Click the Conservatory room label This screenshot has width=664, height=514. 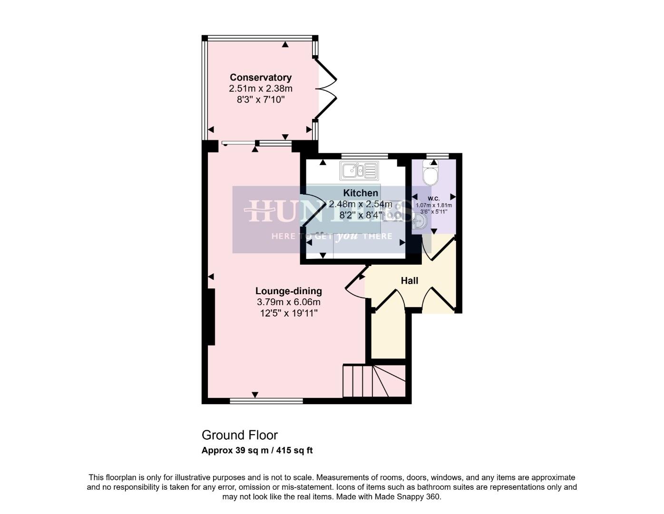pyautogui.click(x=260, y=77)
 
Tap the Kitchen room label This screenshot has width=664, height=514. pyautogui.click(x=361, y=193)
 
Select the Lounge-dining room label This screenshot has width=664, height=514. pyautogui.click(x=288, y=291)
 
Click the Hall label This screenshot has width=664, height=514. pyautogui.click(x=409, y=280)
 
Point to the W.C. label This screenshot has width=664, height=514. pyautogui.click(x=433, y=198)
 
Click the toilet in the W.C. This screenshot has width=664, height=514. pyautogui.click(x=431, y=173)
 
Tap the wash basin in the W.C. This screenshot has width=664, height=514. pyautogui.click(x=419, y=221)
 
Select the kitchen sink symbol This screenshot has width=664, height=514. pyautogui.click(x=359, y=170)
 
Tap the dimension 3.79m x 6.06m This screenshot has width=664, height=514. pyautogui.click(x=288, y=302)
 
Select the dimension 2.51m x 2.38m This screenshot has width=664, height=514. pyautogui.click(x=260, y=89)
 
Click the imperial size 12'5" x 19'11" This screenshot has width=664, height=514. pyautogui.click(x=288, y=313)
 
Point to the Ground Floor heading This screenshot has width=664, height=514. pyautogui.click(x=239, y=435)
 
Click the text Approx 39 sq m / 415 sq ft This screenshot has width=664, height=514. pyautogui.click(x=257, y=450)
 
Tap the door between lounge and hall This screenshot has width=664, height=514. pyautogui.click(x=356, y=286)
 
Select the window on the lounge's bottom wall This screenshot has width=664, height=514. pyautogui.click(x=266, y=401)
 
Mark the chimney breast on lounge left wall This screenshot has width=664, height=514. pyautogui.click(x=211, y=316)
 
